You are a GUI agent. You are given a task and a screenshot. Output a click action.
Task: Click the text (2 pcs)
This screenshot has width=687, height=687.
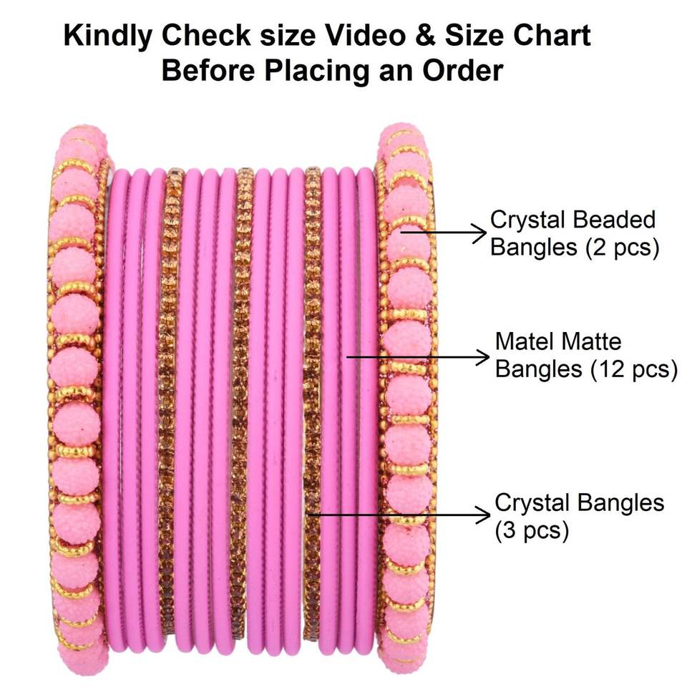[619, 249]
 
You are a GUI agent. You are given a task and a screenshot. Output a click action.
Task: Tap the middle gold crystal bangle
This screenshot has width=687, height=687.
[242, 401]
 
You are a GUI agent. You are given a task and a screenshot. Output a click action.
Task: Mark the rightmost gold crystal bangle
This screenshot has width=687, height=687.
[311, 401]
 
